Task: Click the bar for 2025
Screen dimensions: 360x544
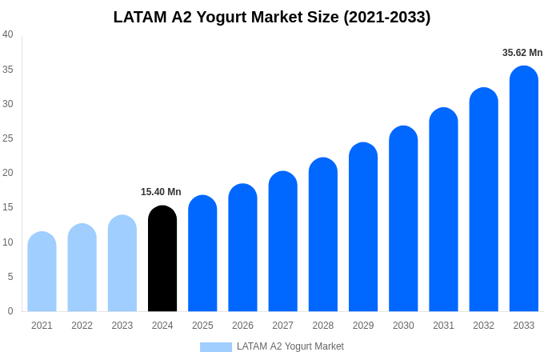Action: point(202,254)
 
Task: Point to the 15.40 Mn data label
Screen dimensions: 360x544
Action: point(161,192)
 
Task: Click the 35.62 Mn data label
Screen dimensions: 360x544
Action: point(522,53)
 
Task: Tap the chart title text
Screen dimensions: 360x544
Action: point(272,17)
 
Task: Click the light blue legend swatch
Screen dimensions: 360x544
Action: point(215,347)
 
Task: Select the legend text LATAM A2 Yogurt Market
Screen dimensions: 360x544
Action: point(290,346)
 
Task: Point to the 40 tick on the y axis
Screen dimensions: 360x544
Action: point(8,34)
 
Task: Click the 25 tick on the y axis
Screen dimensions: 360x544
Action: point(8,138)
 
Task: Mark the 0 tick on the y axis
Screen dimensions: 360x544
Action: point(10,311)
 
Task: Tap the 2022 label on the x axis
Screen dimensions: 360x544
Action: point(82,326)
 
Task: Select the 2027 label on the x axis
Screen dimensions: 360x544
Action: point(282,326)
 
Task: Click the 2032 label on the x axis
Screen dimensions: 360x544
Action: point(483,326)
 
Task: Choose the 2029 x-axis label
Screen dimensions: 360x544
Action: point(363,326)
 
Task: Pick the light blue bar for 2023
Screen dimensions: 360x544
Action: point(122,263)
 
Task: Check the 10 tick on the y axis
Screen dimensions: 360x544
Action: point(8,242)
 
